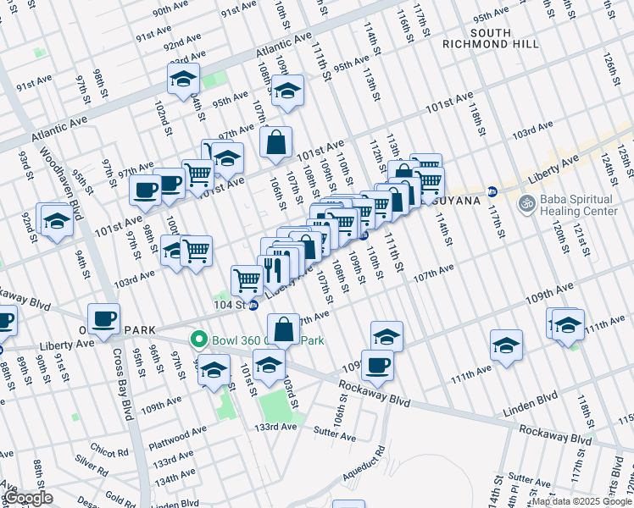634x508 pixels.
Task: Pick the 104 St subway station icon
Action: click(x=253, y=305)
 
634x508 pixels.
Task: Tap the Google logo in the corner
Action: click(x=28, y=498)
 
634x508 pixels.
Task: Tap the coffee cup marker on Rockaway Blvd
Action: click(x=377, y=365)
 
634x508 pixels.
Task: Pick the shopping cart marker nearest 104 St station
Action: click(x=247, y=279)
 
